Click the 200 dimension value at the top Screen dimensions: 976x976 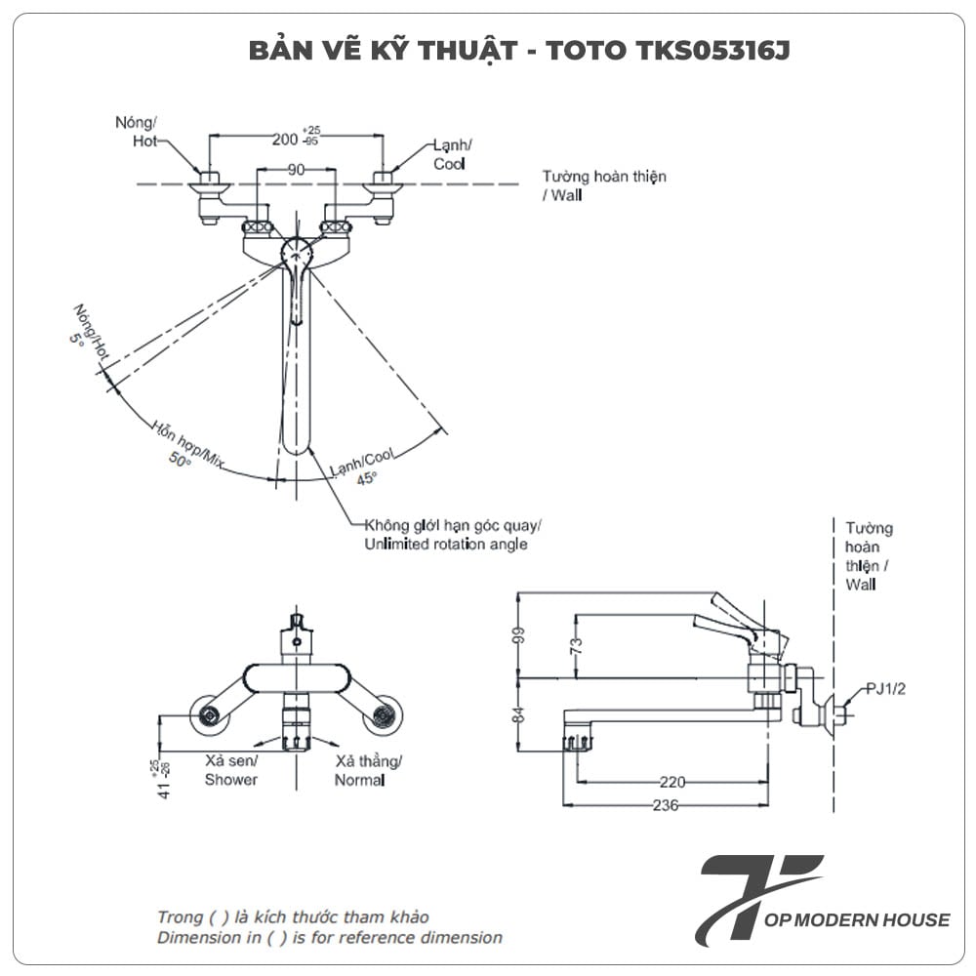click(x=285, y=140)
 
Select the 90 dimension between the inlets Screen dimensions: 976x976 click(x=295, y=169)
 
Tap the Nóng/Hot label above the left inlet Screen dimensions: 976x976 click(x=136, y=132)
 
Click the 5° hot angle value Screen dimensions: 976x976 click(x=77, y=341)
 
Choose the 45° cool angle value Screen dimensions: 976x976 click(x=366, y=477)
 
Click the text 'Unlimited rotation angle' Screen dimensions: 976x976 click(x=446, y=544)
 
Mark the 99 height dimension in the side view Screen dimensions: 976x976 click(x=518, y=635)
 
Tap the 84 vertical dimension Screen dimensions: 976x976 click(x=518, y=715)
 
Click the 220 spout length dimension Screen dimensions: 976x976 click(x=671, y=782)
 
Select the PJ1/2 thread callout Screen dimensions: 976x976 click(x=886, y=689)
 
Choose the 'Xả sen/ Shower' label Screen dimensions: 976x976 click(x=231, y=770)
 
